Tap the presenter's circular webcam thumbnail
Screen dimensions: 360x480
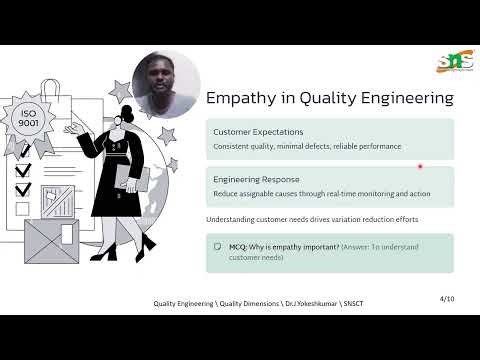(x=165, y=84)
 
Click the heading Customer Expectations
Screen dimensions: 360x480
(x=258, y=132)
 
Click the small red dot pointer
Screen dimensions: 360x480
(x=420, y=166)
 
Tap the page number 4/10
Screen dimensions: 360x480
(x=446, y=298)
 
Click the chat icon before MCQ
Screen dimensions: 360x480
(x=217, y=246)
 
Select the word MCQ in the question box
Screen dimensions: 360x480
(x=239, y=246)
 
